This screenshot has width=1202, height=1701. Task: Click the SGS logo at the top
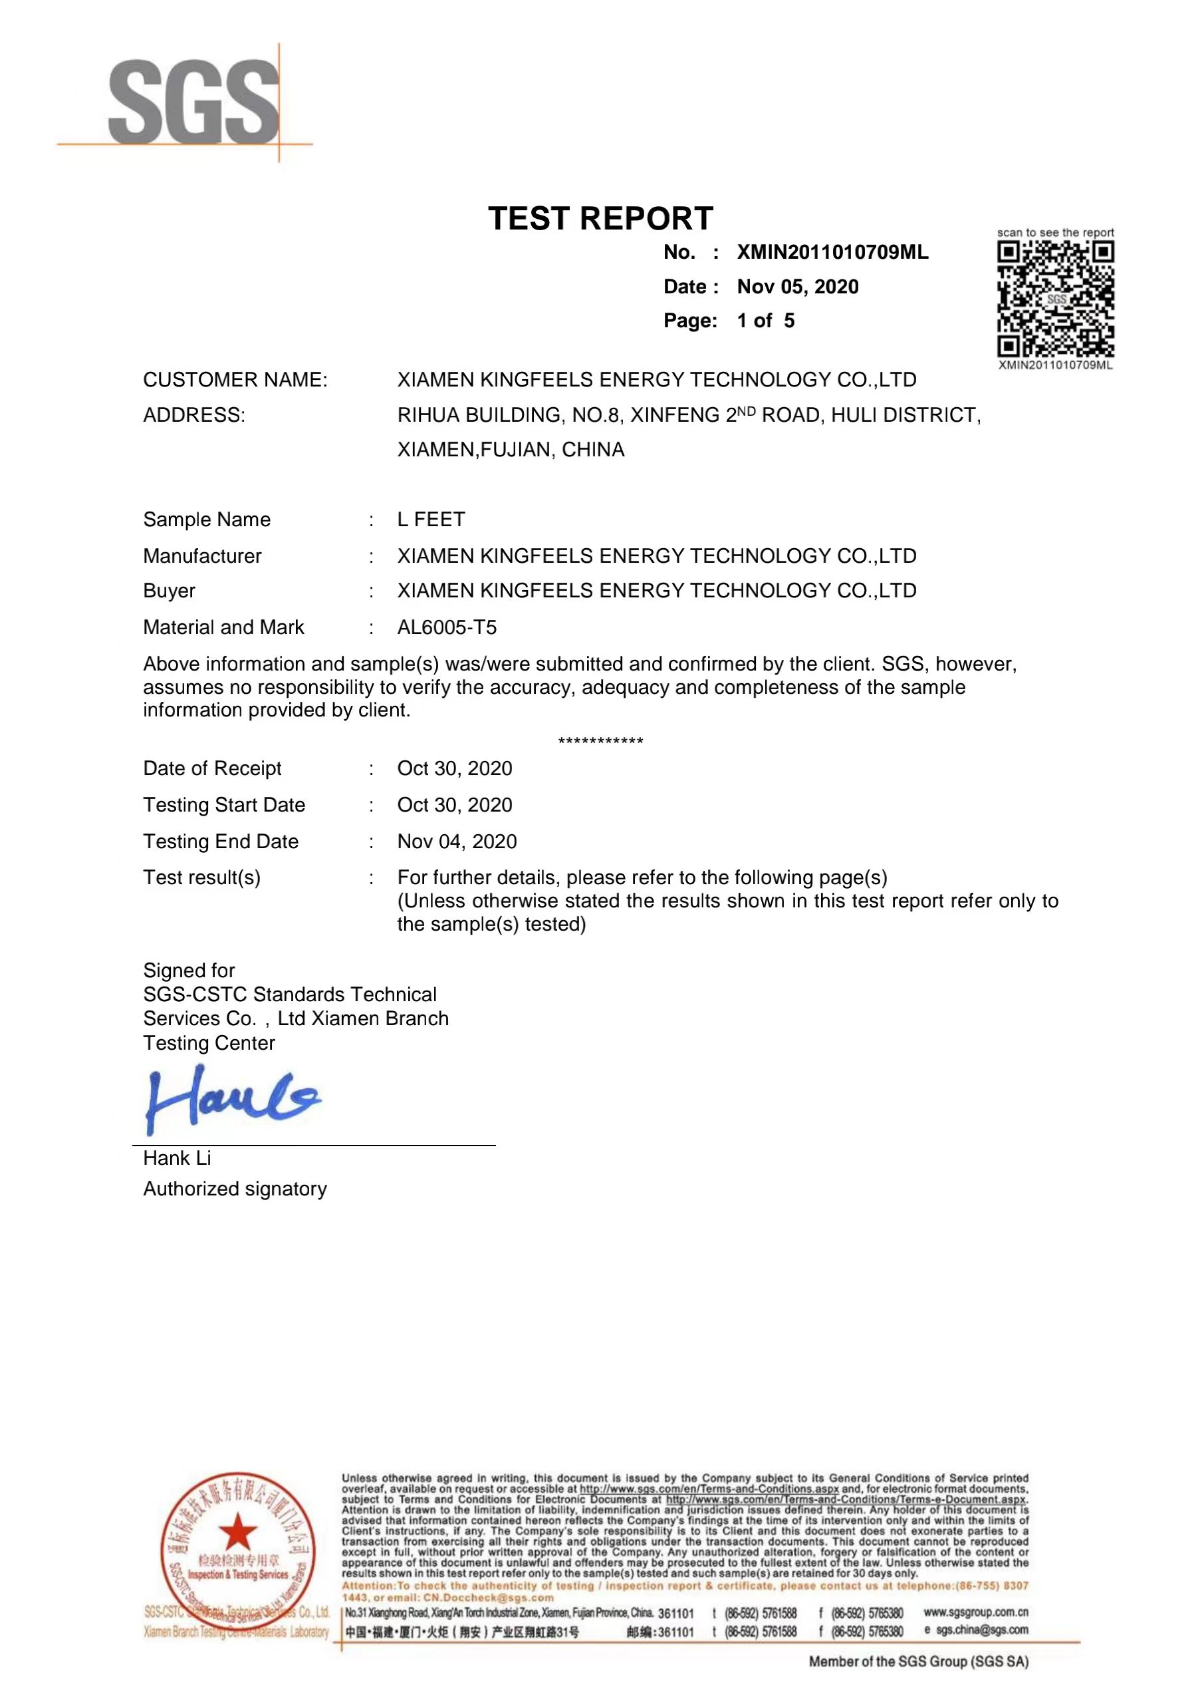[194, 102]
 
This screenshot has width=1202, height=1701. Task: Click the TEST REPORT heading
[600, 219]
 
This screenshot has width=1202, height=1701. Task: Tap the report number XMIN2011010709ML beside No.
[832, 253]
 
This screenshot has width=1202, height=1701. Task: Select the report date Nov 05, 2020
[798, 287]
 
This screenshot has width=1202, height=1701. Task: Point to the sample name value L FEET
[431, 520]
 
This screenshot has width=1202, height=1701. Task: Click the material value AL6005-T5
[447, 627]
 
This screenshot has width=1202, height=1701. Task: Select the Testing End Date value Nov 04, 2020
[457, 842]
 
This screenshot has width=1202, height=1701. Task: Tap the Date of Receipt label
[213, 768]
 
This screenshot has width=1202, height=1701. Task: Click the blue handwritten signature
[233, 1098]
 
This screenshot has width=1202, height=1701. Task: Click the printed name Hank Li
[177, 1158]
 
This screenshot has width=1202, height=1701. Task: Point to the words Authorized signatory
[235, 1189]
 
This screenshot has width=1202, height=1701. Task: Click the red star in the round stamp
[238, 1531]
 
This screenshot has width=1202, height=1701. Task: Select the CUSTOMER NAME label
[235, 380]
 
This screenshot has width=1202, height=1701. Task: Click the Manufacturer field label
[202, 556]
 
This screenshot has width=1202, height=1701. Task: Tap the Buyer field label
[170, 591]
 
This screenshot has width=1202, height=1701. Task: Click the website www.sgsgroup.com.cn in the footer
[976, 1612]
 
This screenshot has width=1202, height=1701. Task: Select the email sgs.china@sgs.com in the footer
[982, 1630]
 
